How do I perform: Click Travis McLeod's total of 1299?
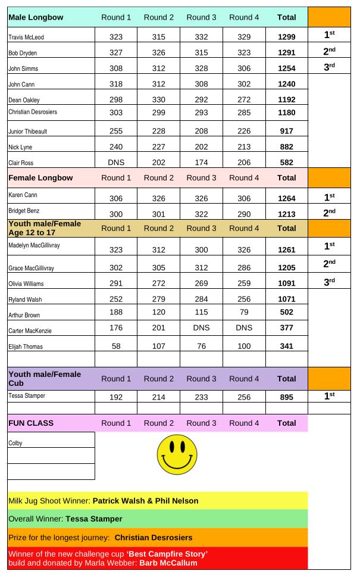click(286, 37)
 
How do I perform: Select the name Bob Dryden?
click(23, 54)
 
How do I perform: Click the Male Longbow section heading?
click(36, 17)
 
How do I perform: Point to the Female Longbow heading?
click(40, 177)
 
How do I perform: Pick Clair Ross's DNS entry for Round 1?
click(115, 162)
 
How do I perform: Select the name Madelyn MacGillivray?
click(35, 245)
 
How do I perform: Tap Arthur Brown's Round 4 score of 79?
click(244, 312)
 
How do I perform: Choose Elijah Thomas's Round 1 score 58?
click(115, 346)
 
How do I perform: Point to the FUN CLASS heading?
click(31, 423)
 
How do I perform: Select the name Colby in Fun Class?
click(15, 443)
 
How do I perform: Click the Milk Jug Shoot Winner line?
click(104, 501)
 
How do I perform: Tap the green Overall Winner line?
click(65, 519)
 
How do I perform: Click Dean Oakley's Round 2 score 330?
click(158, 99)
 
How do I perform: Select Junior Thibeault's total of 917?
click(286, 131)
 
